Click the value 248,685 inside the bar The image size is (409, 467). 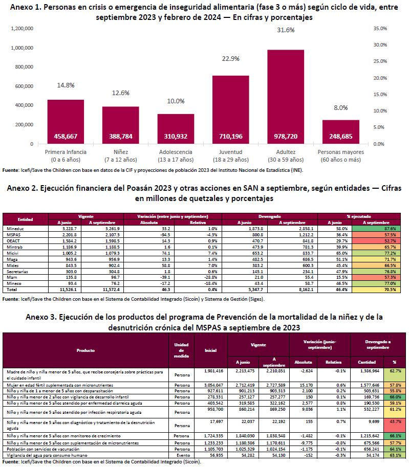(340, 137)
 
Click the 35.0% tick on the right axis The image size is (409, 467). (380, 29)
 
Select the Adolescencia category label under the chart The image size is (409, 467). (176, 152)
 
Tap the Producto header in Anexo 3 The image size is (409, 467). (85, 350)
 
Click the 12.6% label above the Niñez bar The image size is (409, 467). (121, 93)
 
